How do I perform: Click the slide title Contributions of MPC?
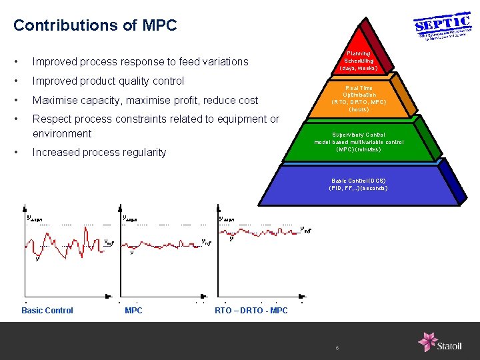(95, 25)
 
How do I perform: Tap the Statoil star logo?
(427, 341)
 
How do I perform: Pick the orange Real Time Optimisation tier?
(359, 99)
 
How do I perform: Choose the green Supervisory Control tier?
(359, 142)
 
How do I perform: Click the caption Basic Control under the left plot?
(47, 310)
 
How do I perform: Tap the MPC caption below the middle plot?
(133, 310)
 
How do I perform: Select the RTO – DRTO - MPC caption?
(251, 310)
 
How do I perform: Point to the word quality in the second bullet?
(148, 81)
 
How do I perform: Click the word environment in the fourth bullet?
(62, 133)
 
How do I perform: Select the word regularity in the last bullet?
(143, 153)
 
